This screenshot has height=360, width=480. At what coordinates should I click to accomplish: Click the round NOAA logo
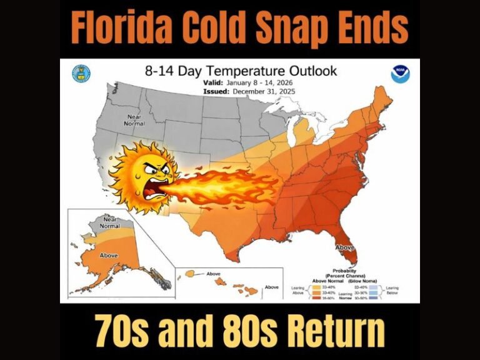(x=400, y=74)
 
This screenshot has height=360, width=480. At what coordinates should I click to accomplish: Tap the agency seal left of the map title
(x=81, y=72)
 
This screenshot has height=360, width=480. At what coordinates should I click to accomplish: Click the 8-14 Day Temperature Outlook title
(x=241, y=71)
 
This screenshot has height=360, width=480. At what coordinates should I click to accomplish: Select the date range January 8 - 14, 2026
(x=262, y=82)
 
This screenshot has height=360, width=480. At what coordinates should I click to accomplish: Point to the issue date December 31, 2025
(x=263, y=91)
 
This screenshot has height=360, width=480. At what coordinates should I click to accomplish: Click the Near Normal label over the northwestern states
(x=135, y=119)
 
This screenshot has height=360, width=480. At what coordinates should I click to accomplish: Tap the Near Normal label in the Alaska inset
(x=108, y=223)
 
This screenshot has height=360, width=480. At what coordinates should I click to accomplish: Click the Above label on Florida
(x=346, y=248)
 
